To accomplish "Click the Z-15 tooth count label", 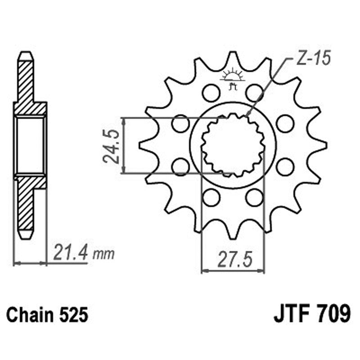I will click(x=314, y=58).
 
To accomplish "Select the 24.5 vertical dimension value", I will click(x=110, y=145).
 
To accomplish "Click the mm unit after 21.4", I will click(x=103, y=255).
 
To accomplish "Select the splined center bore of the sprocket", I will click(x=233, y=145).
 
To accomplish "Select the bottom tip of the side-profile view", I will click(x=25, y=236).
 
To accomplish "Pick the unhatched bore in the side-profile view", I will click(x=30, y=145).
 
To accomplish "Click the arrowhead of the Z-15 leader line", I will click(x=248, y=117).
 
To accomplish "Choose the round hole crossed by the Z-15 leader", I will click(x=254, y=93).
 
